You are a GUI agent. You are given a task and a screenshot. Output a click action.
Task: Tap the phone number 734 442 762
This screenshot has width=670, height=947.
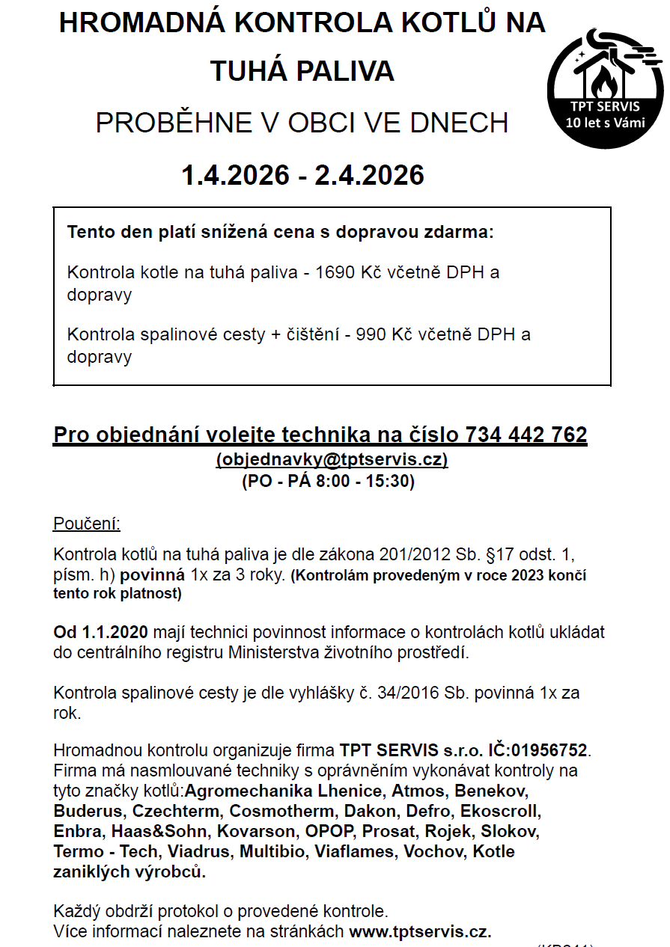(x=526, y=435)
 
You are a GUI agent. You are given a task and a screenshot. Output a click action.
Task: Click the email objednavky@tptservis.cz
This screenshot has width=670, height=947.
(x=332, y=459)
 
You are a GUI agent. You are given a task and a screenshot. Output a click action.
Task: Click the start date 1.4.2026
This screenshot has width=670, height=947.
(x=235, y=175)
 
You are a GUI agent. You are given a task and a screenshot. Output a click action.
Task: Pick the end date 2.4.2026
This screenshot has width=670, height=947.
(x=369, y=175)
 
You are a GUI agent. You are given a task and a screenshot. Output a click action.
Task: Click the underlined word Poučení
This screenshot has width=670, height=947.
(x=86, y=524)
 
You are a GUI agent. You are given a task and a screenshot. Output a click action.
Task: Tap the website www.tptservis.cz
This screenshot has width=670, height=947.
(x=420, y=933)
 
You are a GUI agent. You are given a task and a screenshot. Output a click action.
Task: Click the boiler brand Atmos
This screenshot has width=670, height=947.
(x=418, y=791)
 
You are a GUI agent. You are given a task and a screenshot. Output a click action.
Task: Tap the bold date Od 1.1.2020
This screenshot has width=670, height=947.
(x=99, y=632)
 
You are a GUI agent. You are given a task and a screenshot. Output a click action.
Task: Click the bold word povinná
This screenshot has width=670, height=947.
(x=152, y=576)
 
